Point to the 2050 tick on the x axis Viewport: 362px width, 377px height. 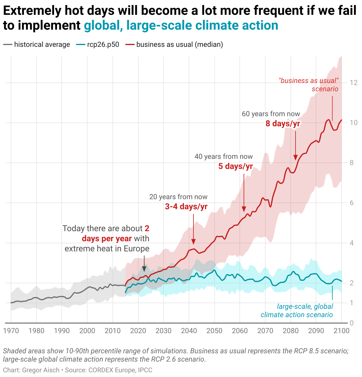coord(214,331)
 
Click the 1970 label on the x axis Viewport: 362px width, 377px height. coord(11,331)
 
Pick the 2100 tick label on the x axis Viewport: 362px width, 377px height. coord(342,331)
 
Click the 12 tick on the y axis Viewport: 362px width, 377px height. coord(353,83)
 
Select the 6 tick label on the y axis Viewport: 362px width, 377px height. coord(352,203)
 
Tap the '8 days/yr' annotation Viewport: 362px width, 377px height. coord(283,124)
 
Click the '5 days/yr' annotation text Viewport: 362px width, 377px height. coord(236,166)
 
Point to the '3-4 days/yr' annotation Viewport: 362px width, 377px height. coord(186,207)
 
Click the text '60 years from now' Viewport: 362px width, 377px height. coord(271,114)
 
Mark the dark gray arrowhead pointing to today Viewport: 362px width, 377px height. coord(144,269)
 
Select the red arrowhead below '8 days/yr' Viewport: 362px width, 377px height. coord(295,157)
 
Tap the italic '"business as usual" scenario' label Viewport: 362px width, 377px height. coord(309,85)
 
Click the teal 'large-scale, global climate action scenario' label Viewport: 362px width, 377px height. coord(297,311)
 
